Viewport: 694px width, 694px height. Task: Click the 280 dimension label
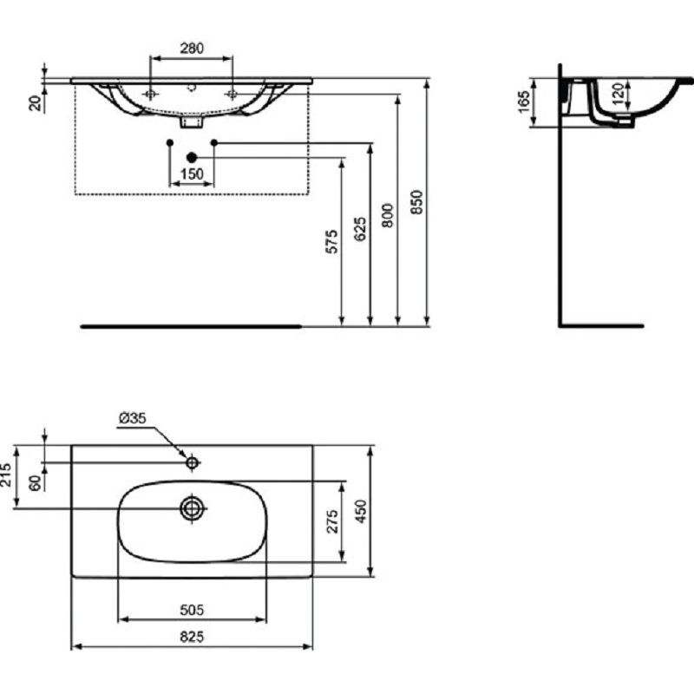pyautogui.click(x=192, y=48)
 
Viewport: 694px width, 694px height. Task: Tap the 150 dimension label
pyautogui.click(x=192, y=174)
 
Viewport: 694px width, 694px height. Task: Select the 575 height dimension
pyautogui.click(x=331, y=241)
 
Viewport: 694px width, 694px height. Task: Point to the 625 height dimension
pyautogui.click(x=360, y=229)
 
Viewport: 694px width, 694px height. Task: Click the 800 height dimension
pyautogui.click(x=388, y=215)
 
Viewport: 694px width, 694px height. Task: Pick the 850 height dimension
pyautogui.click(x=416, y=202)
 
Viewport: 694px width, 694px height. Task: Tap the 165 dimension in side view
pyautogui.click(x=524, y=101)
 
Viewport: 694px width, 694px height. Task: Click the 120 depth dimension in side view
pyautogui.click(x=619, y=93)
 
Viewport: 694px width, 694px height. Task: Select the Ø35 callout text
pyautogui.click(x=133, y=418)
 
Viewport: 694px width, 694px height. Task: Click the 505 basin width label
pyautogui.click(x=192, y=610)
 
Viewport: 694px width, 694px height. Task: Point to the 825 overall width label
pyautogui.click(x=192, y=637)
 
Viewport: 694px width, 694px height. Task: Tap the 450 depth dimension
pyautogui.click(x=361, y=511)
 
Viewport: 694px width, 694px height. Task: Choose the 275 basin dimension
pyautogui.click(x=333, y=521)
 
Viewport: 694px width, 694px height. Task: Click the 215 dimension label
pyautogui.click(x=5, y=475)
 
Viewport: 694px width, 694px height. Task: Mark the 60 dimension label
pyautogui.click(x=35, y=483)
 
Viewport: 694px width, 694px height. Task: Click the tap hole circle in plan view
pyautogui.click(x=192, y=463)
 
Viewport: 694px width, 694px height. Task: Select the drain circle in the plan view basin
pyautogui.click(x=193, y=508)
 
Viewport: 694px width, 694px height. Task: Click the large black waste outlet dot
pyautogui.click(x=192, y=157)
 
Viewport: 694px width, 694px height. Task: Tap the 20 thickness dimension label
pyautogui.click(x=35, y=103)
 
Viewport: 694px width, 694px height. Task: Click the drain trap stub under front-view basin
pyautogui.click(x=192, y=122)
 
